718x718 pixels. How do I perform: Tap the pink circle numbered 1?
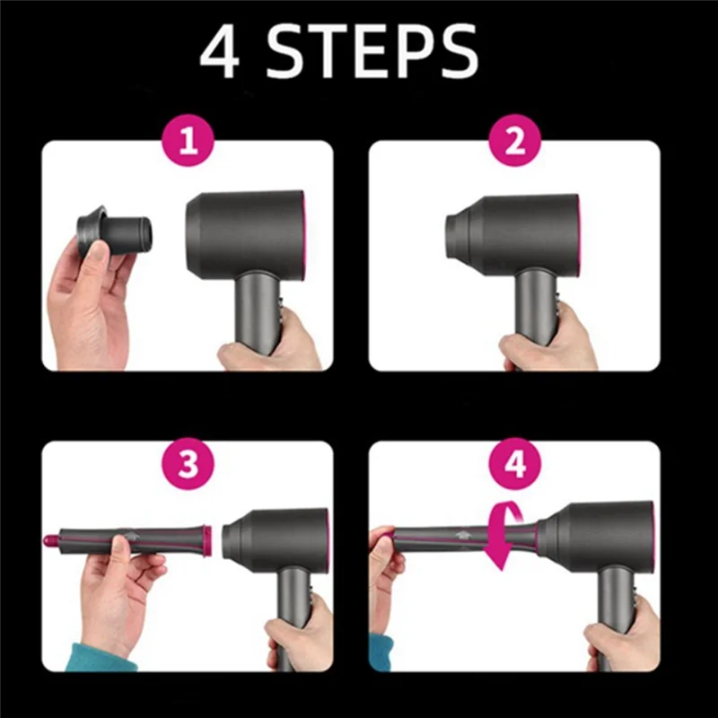[x=188, y=142]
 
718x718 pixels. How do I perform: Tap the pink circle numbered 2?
[x=514, y=142]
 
